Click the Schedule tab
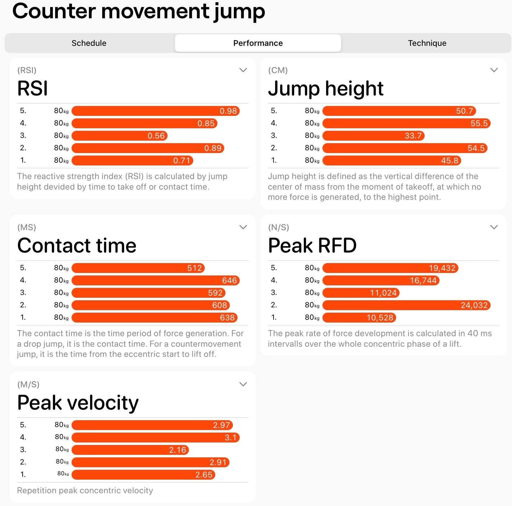coord(89,43)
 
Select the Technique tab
coord(427,43)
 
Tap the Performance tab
coord(258,43)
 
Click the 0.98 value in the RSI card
coord(228,111)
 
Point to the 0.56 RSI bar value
coord(156,136)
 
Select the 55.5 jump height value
coord(479,123)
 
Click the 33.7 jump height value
coord(413,136)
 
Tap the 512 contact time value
coord(195,268)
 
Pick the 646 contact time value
coord(230,280)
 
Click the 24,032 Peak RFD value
coord(474,305)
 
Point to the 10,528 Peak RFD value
coord(380,318)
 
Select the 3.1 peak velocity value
coord(230,438)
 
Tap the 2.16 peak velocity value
coord(177,450)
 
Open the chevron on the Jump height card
coord(494,70)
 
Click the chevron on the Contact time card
coord(243,227)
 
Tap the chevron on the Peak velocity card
coord(243,384)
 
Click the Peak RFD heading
coord(312,246)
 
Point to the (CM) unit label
coord(278,70)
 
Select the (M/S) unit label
coord(28,385)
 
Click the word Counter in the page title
coord(54,11)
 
